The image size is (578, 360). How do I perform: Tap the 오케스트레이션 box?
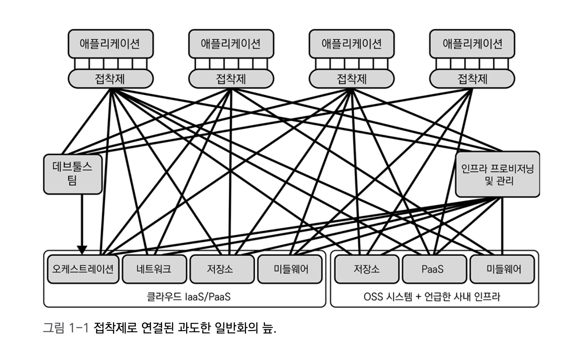tap(82, 269)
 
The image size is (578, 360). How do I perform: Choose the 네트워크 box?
tap(153, 269)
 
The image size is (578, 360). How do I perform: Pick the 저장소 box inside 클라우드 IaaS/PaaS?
tap(222, 269)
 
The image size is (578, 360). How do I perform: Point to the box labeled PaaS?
tap(433, 269)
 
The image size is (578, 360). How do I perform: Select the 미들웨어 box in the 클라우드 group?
tap(289, 269)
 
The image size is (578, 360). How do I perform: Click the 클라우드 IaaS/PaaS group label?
tap(188, 296)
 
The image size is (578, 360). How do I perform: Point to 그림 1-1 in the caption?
tap(65, 328)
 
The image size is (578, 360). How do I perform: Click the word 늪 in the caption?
tap(267, 328)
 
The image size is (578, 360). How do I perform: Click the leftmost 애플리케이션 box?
tap(110, 44)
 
